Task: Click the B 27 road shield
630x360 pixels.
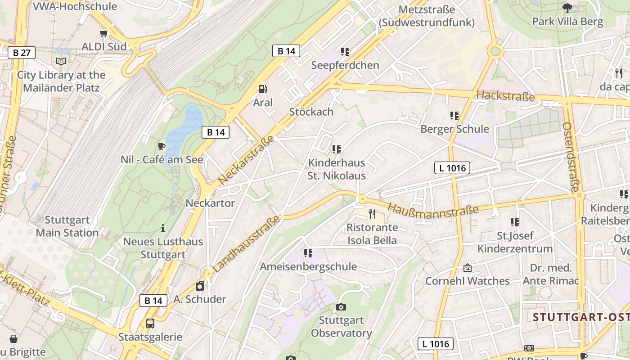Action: pos(22,53)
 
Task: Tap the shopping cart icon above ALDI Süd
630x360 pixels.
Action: pos(104,34)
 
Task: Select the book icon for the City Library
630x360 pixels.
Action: pos(61,62)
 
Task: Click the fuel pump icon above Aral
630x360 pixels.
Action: pos(262,89)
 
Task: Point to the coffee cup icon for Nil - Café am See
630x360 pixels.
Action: pos(162,146)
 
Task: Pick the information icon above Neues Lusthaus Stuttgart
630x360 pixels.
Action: pos(163,229)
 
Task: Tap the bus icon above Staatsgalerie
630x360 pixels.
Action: pos(150,323)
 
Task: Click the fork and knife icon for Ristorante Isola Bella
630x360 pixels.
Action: pos(372,214)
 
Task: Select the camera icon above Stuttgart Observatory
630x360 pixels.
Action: pos(341,307)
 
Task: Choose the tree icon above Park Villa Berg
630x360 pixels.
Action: pos(567,8)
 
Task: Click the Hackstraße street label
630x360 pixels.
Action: pos(505,96)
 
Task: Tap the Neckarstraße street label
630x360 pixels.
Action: pos(246,160)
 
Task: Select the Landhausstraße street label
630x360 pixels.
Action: pos(246,244)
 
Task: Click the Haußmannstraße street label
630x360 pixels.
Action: pos(432,211)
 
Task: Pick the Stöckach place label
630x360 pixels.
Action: pos(311,112)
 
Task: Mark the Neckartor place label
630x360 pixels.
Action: pos(210,203)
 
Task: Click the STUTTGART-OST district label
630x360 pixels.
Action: pos(581,317)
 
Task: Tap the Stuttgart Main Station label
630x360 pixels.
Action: pos(67,226)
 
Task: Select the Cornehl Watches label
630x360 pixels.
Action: pos(468,281)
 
